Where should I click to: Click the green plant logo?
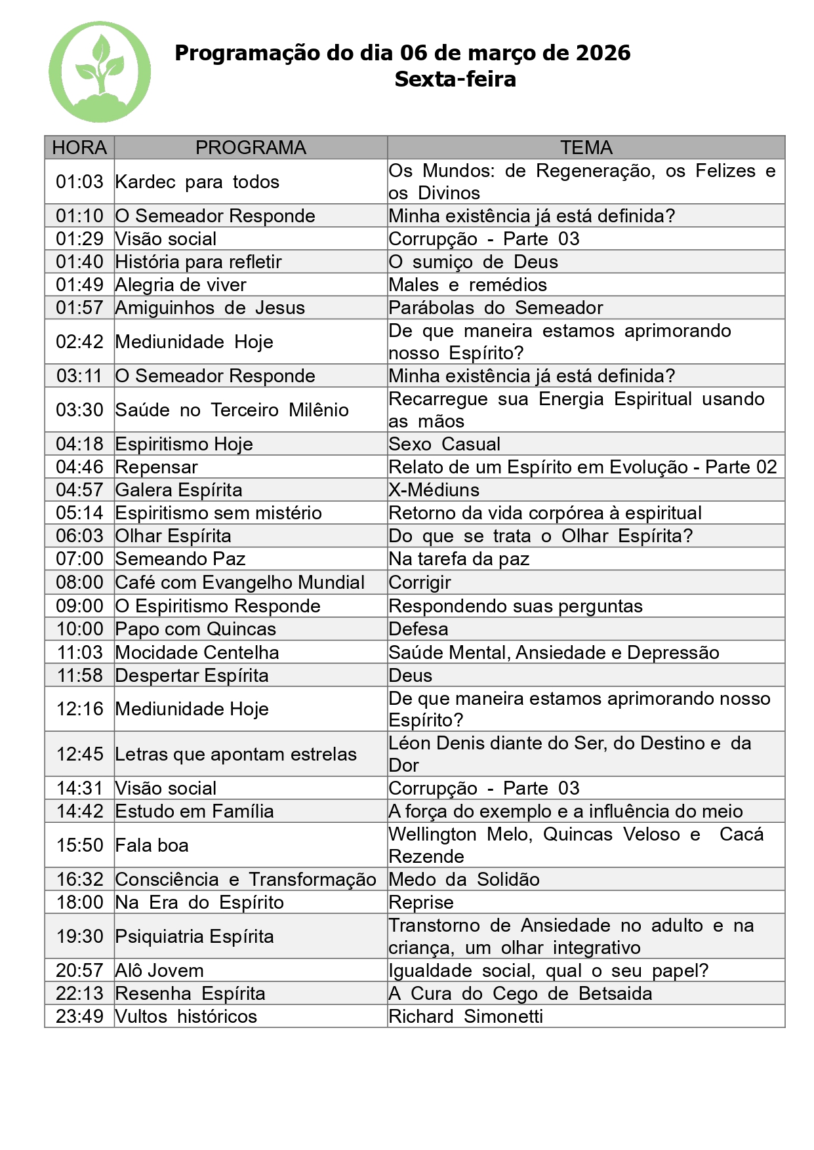(100, 72)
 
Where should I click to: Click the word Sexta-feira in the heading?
(455, 79)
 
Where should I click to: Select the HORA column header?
(79, 148)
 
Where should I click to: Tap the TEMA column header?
(586, 148)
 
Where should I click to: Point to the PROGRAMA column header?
(251, 148)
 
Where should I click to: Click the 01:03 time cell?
(79, 182)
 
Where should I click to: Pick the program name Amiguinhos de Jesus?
(210, 307)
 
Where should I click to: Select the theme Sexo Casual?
(444, 444)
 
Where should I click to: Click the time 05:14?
(79, 513)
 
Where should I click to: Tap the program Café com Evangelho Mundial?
(239, 582)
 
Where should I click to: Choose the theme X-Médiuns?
(434, 490)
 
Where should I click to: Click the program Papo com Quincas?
(195, 629)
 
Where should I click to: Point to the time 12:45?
(79, 754)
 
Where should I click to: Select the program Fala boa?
(152, 845)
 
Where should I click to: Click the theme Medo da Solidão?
(464, 879)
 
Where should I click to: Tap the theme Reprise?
(420, 902)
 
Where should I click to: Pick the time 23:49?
(79, 1016)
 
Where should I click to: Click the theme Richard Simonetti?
(466, 1016)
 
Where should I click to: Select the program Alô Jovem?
(159, 970)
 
